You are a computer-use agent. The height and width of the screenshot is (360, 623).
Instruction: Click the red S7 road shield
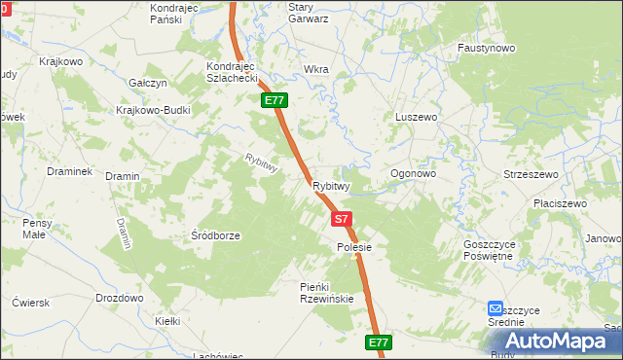pos(341,220)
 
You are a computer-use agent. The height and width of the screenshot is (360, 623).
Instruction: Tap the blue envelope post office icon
pos(496,308)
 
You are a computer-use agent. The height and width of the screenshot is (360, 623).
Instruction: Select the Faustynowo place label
pos(487,48)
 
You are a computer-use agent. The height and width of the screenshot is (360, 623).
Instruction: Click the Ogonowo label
pos(413,174)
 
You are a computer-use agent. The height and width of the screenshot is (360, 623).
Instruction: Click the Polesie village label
pos(348,248)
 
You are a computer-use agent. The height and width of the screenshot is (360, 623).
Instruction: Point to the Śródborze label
pos(215,235)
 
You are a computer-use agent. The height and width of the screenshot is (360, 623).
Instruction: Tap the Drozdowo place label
pos(120,298)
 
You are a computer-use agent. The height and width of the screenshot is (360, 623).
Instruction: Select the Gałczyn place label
pos(150,84)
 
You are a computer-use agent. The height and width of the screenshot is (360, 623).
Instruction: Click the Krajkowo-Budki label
pos(153,110)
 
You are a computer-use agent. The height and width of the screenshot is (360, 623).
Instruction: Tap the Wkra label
pos(316,70)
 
